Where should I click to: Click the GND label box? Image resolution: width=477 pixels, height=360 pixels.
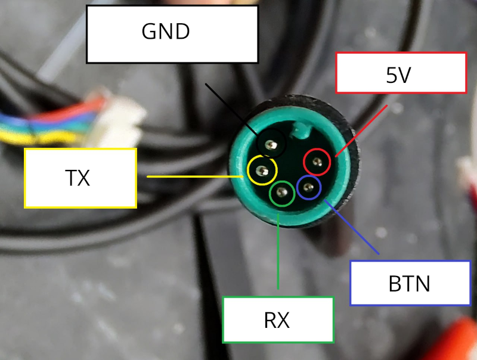[x=172, y=34]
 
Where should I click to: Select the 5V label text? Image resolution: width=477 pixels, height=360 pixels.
[x=399, y=75]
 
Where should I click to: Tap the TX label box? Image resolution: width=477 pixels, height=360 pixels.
[x=80, y=178]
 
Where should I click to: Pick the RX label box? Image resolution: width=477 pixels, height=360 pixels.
[x=277, y=320]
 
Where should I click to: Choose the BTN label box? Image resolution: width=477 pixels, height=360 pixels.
[x=409, y=283]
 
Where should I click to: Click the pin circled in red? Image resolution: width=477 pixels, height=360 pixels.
[x=317, y=162]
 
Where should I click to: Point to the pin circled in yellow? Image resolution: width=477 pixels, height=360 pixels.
[x=262, y=170]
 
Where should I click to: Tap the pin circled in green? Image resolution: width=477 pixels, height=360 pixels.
[x=281, y=193]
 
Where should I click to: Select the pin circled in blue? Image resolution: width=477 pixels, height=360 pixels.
[x=308, y=189]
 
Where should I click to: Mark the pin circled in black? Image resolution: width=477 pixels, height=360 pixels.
[x=272, y=144]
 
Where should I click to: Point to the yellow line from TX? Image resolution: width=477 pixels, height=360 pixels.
[x=197, y=176]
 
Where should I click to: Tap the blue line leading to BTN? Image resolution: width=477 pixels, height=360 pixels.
[x=352, y=229]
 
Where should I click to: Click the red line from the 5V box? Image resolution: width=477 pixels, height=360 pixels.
[x=364, y=129]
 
